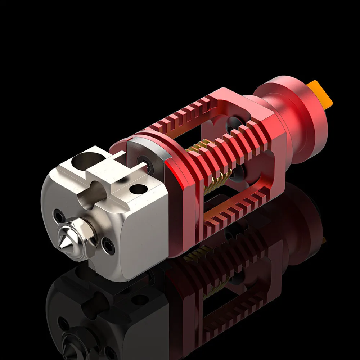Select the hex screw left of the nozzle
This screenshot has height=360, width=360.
[59, 217]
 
